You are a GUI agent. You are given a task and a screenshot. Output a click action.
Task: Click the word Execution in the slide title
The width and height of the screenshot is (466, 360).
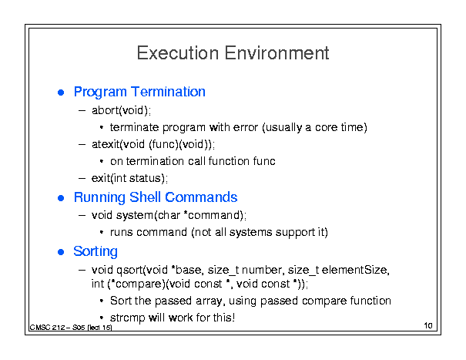pyautogui.click(x=178, y=53)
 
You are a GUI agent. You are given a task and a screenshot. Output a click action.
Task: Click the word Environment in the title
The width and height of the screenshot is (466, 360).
pyautogui.click(x=277, y=53)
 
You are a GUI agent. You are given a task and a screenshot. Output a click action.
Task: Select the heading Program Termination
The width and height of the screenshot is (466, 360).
pyautogui.click(x=139, y=92)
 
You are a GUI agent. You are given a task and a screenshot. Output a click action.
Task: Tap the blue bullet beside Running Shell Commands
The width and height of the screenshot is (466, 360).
pyautogui.click(x=61, y=198)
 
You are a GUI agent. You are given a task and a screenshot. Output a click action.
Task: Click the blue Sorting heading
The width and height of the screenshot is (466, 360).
pyautogui.click(x=96, y=252)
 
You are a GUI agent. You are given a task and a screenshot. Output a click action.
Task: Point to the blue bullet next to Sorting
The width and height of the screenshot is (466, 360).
pyautogui.click(x=61, y=252)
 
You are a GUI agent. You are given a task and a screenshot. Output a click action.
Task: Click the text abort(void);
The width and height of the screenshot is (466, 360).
pyautogui.click(x=121, y=110)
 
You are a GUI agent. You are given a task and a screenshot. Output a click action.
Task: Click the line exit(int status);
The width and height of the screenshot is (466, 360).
pyautogui.click(x=129, y=178)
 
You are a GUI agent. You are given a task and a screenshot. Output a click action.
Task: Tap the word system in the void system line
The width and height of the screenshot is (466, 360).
pyautogui.click(x=134, y=215)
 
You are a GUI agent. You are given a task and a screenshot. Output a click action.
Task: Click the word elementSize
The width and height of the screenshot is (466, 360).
pyautogui.click(x=355, y=270)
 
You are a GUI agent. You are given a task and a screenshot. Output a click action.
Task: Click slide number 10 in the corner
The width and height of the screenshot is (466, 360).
pyautogui.click(x=428, y=325)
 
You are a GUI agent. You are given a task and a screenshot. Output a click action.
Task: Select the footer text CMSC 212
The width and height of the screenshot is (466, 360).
pyautogui.click(x=47, y=328)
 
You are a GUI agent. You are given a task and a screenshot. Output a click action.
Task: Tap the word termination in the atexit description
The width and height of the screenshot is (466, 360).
pyautogui.click(x=155, y=161)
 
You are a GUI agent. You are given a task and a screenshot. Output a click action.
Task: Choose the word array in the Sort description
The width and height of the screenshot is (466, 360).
pyautogui.click(x=209, y=301)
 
